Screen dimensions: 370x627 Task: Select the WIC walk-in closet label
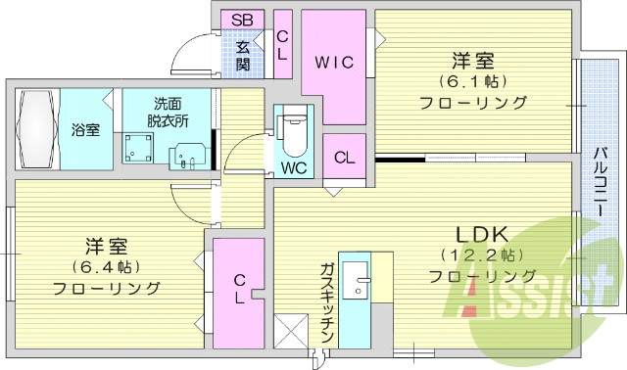pos(332,62)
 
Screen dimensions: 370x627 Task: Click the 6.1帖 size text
pos(472,80)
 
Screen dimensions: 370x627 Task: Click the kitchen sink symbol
pos(362,283)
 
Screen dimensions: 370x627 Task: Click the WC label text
pos(294,167)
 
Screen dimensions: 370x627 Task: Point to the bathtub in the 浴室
pos(36,130)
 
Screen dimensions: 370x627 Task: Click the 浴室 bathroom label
pos(85,130)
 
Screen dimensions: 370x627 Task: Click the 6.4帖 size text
pos(106,265)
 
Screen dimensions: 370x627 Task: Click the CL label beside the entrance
pos(282,45)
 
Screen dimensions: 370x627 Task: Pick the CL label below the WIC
pos(345,158)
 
